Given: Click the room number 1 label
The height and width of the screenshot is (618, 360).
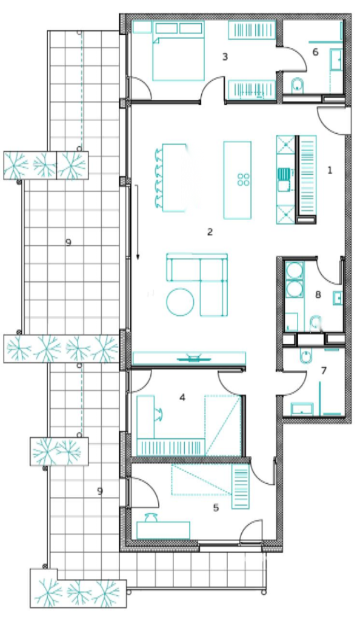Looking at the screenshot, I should [330, 170].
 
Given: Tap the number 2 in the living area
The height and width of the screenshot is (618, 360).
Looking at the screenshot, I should [209, 232].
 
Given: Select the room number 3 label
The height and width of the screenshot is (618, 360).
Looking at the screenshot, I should [224, 57].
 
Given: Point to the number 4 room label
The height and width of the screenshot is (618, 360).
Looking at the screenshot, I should [182, 397].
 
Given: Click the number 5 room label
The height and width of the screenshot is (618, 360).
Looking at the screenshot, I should [216, 507].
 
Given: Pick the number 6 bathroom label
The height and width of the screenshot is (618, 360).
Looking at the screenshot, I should [316, 52].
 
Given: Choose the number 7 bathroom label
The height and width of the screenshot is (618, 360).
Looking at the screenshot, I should [323, 371].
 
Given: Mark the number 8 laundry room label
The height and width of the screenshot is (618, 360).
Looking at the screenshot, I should [318, 295].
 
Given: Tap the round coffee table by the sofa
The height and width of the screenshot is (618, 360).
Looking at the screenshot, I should [180, 302].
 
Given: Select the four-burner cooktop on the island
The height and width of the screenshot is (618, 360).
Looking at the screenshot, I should [243, 179].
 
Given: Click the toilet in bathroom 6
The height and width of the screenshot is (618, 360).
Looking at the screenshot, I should [298, 85].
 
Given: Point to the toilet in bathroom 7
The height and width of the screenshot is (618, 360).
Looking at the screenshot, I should [306, 356].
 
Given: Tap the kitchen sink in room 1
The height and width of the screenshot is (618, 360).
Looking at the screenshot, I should [283, 172].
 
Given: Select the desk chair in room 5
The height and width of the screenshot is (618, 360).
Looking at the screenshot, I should [151, 517].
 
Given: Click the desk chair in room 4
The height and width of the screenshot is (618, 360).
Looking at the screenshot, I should [159, 412].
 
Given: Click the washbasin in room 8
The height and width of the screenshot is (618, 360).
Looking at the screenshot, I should [337, 298].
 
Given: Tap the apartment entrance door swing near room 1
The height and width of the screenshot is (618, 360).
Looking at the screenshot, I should [333, 121].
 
